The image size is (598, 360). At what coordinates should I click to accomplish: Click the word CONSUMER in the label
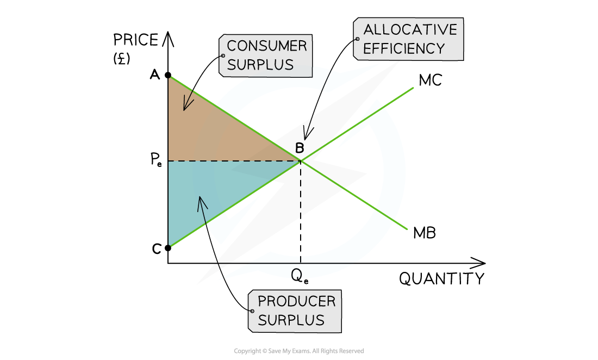coord(267,46)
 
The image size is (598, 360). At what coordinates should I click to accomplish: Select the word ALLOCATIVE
coord(410,29)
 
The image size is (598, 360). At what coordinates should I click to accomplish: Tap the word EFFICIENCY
coord(404,48)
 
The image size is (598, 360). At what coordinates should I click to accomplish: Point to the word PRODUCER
coord(296,301)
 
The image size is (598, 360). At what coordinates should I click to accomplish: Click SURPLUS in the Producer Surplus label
coord(291,320)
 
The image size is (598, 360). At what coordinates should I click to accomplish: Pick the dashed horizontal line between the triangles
coord(234,161)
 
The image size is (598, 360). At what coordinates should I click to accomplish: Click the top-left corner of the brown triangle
coord(170,78)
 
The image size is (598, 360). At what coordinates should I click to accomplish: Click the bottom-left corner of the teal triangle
coord(170,246)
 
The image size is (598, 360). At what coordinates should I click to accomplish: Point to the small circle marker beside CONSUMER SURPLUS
coord(222,55)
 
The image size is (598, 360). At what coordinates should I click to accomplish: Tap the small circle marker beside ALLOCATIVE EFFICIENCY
coord(357,39)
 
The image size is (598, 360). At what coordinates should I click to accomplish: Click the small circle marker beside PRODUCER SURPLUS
coord(252,311)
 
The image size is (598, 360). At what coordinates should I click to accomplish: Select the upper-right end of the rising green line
coord(414,88)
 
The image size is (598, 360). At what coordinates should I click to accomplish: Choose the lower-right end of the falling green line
coord(407,229)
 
